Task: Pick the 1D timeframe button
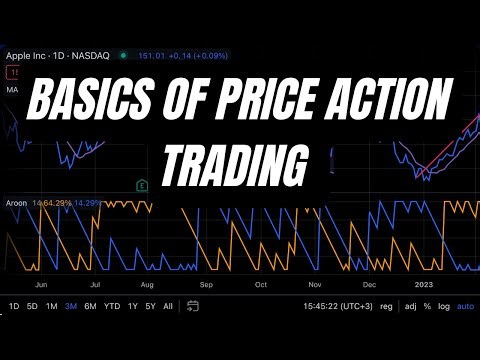tap(14, 306)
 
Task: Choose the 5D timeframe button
tap(32, 306)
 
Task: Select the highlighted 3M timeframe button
tap(71, 306)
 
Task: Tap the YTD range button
tap(111, 306)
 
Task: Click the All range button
tap(167, 306)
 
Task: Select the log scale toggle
tap(443, 306)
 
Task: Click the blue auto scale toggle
tap(465, 306)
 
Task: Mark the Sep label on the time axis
tap(207, 283)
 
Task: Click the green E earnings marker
tap(142, 184)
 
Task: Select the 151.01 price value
tap(148, 55)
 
